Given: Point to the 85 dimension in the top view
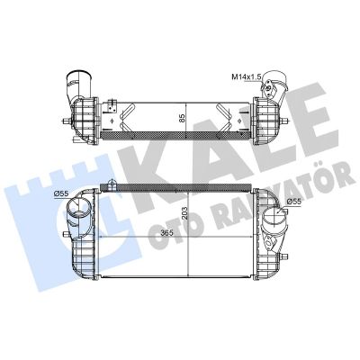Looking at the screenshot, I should click(183, 117).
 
